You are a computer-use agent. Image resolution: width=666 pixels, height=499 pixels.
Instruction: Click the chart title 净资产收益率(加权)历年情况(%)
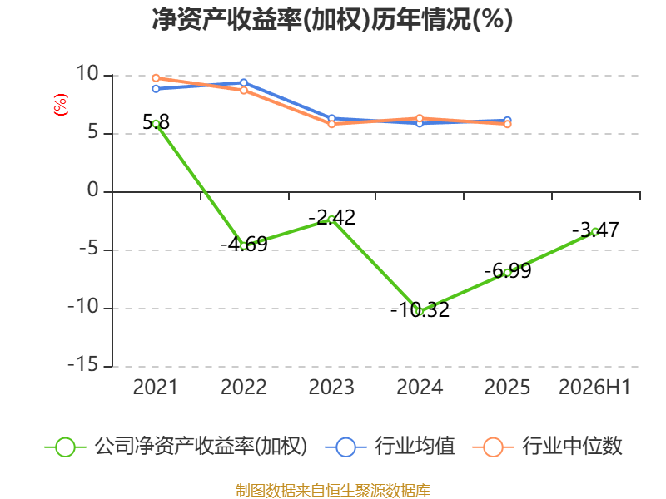pyautogui.click(x=332, y=19)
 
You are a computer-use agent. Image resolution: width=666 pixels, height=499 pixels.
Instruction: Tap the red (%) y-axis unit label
pyautogui.click(x=60, y=105)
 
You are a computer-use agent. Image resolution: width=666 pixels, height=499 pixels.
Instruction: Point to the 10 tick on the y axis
pyautogui.click(x=87, y=73)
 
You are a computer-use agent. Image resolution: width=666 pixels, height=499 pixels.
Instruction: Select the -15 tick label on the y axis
pyautogui.click(x=83, y=364)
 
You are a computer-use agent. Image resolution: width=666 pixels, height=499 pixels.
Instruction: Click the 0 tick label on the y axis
pyautogui.click(x=93, y=190)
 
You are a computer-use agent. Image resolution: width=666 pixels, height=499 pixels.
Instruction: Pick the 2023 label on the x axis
pyautogui.click(x=331, y=387)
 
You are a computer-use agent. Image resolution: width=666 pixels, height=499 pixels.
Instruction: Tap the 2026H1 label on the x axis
pyautogui.click(x=594, y=387)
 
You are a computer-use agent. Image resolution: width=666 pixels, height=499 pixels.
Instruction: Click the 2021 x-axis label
pyautogui.click(x=156, y=387)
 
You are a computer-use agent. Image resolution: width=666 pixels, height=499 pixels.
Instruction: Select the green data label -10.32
pyautogui.click(x=420, y=309)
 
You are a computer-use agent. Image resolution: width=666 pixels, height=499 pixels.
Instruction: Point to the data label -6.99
pyautogui.click(x=508, y=271)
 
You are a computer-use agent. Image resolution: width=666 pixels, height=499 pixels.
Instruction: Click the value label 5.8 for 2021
pyautogui.click(x=156, y=122)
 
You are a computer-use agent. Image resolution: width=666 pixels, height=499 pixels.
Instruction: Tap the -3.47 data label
pyautogui.click(x=595, y=230)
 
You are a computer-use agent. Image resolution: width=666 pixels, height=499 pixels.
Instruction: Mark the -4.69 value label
pyautogui.click(x=244, y=244)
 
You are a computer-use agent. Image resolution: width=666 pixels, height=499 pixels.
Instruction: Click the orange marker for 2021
pyautogui.click(x=156, y=78)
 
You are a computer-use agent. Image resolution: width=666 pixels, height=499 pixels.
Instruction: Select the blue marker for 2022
pyautogui.click(x=244, y=82)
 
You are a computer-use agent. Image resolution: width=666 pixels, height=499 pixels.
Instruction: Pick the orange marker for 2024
pyautogui.click(x=420, y=118)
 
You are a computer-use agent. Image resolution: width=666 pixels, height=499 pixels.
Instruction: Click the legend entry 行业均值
pyautogui.click(x=390, y=447)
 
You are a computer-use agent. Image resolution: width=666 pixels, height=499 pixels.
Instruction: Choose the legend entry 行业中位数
pyautogui.click(x=548, y=447)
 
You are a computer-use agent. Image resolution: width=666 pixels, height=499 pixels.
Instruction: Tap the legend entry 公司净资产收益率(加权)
pyautogui.click(x=176, y=447)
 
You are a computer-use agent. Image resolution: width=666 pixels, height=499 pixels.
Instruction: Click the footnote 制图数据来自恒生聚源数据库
pyautogui.click(x=333, y=491)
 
